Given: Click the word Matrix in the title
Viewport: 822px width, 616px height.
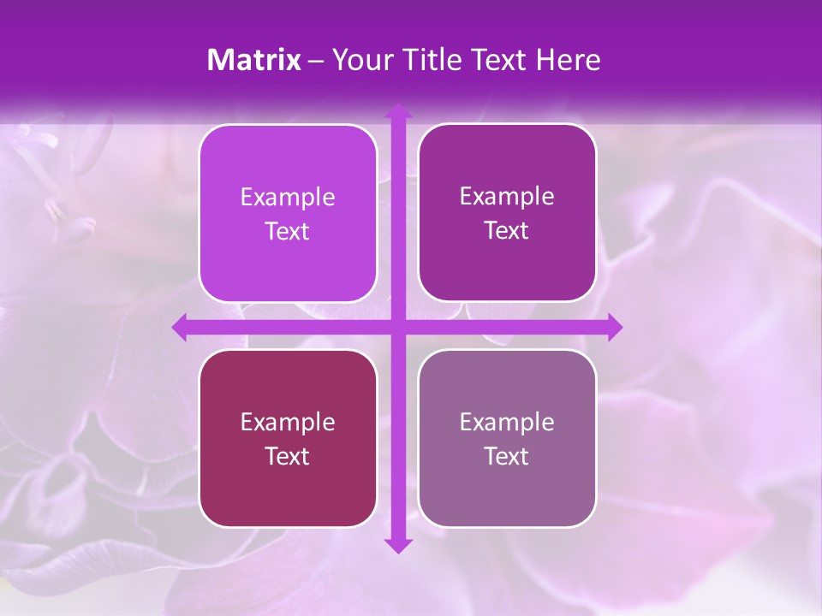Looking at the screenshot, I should (253, 60).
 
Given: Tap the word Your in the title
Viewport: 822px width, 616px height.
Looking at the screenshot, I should (360, 60).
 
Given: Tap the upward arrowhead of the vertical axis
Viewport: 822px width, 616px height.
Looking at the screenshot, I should (398, 112).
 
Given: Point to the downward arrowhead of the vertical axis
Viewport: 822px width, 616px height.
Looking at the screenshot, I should (398, 545).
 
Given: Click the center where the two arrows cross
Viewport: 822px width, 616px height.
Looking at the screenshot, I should (398, 328).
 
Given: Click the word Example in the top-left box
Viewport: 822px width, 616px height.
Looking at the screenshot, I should (288, 198).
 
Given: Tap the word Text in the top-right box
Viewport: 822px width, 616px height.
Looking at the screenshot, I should (507, 231).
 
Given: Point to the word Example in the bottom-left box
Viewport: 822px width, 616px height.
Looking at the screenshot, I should (288, 423).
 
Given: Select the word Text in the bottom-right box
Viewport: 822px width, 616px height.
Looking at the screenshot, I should (507, 456).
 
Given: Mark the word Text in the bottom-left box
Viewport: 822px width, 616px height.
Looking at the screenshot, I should (288, 456).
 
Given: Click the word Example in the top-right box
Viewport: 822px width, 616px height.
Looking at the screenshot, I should (507, 197).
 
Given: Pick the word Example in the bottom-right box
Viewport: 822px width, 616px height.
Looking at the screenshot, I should (507, 423).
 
